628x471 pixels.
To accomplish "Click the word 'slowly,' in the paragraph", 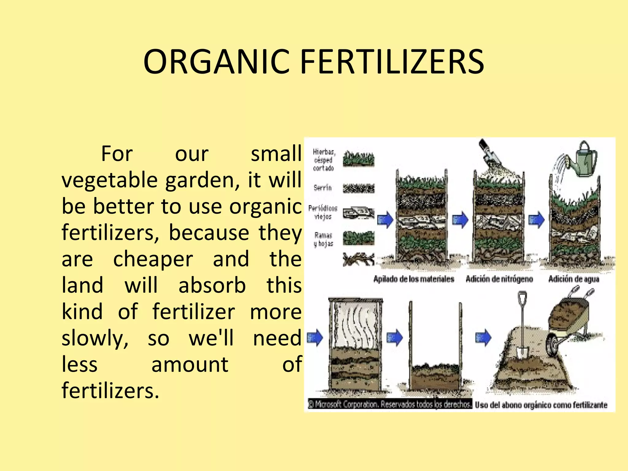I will pyautogui.click(x=95, y=339).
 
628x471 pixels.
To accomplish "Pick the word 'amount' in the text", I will pyautogui.click(x=190, y=365).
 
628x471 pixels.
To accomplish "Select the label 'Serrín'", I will pyautogui.click(x=323, y=188).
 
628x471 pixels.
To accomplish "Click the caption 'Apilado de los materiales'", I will pyautogui.click(x=414, y=279).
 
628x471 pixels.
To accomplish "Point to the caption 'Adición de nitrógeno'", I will pyautogui.click(x=499, y=279).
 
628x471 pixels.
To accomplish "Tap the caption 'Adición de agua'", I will pyautogui.click(x=574, y=279).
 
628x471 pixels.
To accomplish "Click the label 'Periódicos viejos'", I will pyautogui.click(x=323, y=213).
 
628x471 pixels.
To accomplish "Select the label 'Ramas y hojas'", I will pyautogui.click(x=323, y=239).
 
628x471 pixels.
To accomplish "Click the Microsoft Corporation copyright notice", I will pyautogui.click(x=390, y=404).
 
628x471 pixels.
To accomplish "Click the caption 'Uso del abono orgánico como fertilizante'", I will pyautogui.click(x=541, y=405).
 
